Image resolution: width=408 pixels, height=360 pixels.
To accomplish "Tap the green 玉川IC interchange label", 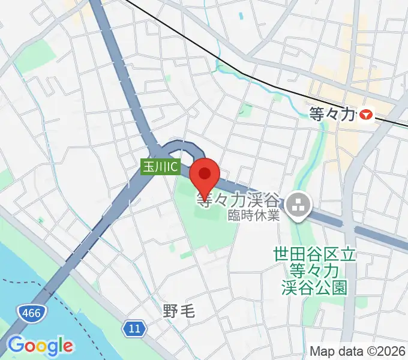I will pyautogui.click(x=160, y=167).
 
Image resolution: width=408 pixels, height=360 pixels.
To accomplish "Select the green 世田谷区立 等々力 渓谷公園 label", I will pyautogui.click(x=314, y=271).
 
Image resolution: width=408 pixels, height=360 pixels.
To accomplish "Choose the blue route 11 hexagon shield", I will pyautogui.click(x=134, y=328).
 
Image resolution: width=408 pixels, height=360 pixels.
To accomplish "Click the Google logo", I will pyautogui.click(x=40, y=346).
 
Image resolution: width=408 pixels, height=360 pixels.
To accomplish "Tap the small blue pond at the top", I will pyautogui.click(x=241, y=17).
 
